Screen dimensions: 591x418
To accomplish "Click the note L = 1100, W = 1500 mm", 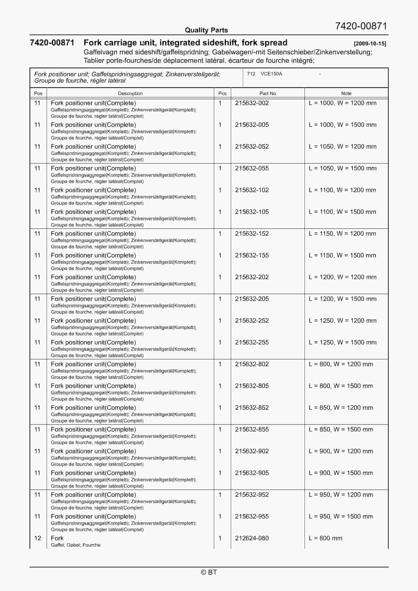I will pyautogui.click(x=342, y=212).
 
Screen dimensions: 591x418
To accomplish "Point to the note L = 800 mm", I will pyautogui.click(x=325, y=538).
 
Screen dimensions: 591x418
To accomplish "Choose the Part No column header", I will pyautogui.click(x=267, y=93).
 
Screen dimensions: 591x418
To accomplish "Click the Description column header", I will pyautogui.click(x=130, y=93).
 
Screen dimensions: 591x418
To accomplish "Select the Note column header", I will pyautogui.click(x=346, y=93).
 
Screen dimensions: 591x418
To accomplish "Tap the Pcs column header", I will pyautogui.click(x=222, y=93).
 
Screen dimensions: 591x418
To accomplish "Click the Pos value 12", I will pyautogui.click(x=38, y=538).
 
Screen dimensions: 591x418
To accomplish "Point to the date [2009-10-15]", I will pyautogui.click(x=370, y=44).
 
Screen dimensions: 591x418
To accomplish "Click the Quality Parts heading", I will pyautogui.click(x=206, y=30).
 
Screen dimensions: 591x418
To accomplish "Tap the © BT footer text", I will pyautogui.click(x=209, y=572).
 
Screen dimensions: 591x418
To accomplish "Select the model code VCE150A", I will pyautogui.click(x=271, y=74).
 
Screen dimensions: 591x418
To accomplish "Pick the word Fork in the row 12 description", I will pyautogui.click(x=57, y=538).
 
